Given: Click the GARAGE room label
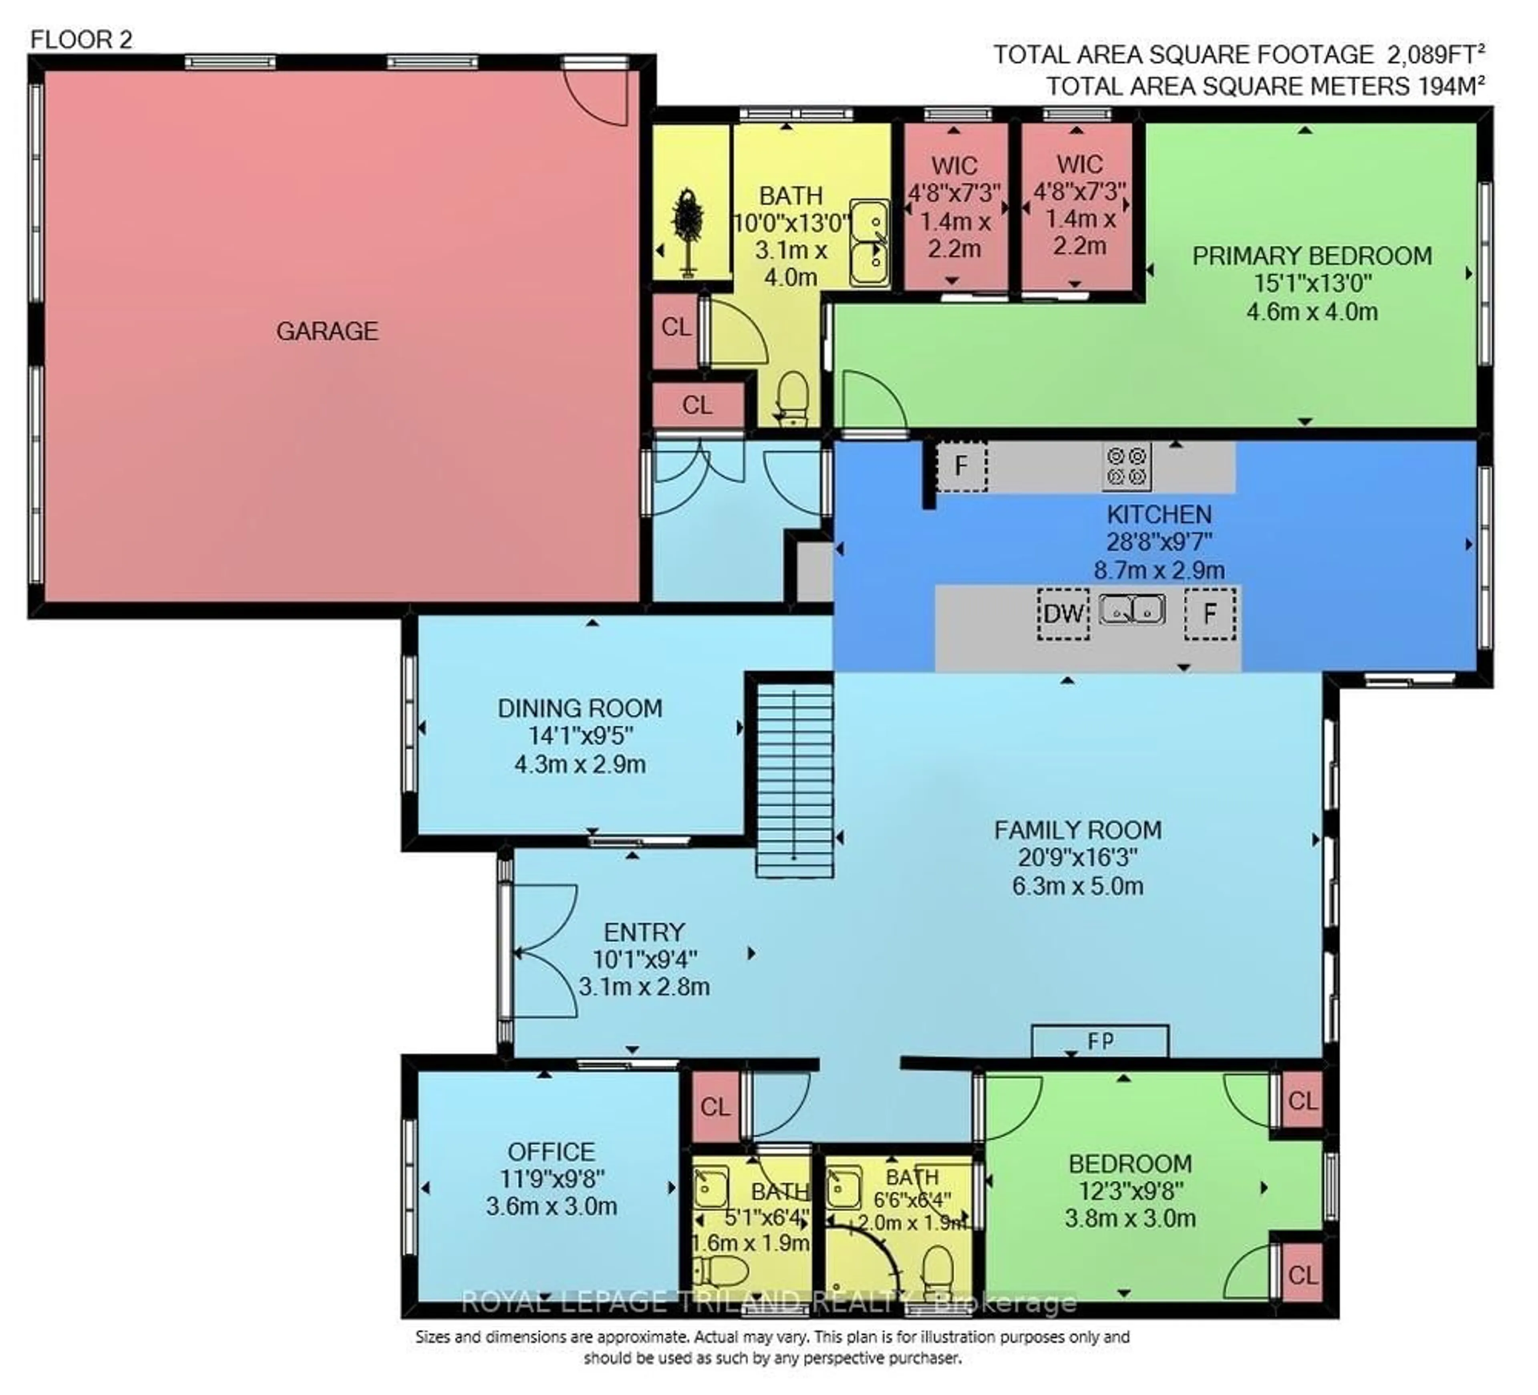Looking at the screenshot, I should point(327,331).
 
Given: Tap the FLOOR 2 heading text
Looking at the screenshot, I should point(81,40).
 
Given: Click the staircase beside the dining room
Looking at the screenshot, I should point(794,779).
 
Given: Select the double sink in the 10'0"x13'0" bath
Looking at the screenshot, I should point(870,243).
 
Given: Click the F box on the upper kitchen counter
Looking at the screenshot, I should point(961,465).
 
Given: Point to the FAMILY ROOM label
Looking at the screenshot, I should point(1077,830).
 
